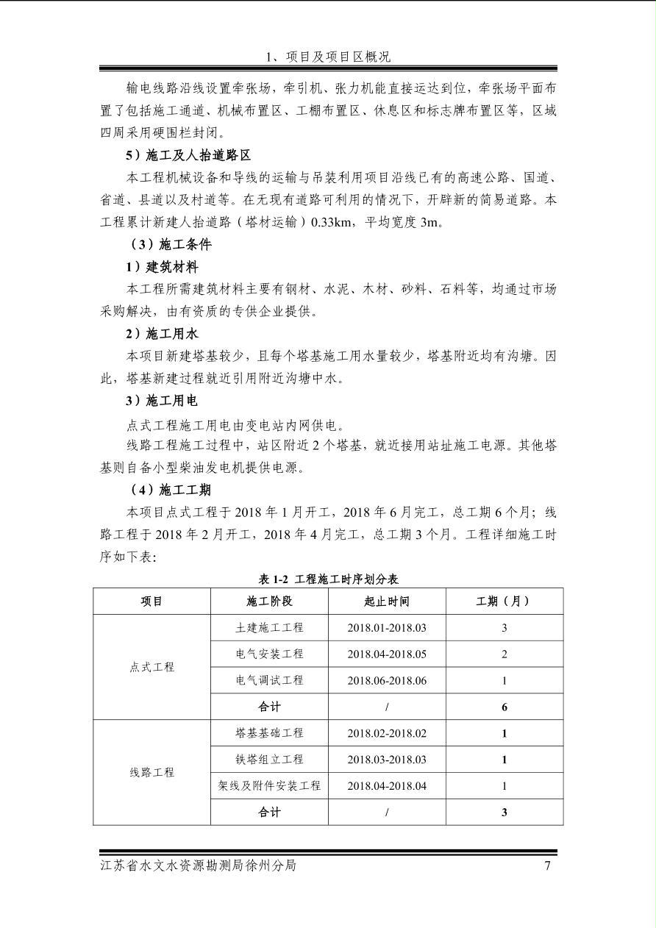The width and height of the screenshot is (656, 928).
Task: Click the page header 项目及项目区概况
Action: tap(328, 57)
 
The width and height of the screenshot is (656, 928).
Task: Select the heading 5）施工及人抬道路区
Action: tap(188, 155)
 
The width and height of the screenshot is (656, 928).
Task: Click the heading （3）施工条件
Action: tap(171, 244)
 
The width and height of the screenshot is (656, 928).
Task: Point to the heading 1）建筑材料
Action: tap(162, 267)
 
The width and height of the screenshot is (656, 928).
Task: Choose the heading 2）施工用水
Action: tap(162, 334)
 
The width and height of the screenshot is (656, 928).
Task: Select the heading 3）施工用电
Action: tap(162, 401)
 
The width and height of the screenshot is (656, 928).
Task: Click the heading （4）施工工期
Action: tap(171, 490)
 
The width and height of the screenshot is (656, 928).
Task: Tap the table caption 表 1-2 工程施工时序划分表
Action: tap(328, 579)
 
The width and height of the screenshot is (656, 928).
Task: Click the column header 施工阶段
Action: tap(269, 602)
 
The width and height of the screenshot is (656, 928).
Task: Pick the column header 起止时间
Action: tap(387, 602)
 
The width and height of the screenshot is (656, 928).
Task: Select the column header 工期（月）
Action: tap(504, 602)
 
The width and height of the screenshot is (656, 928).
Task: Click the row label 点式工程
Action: tap(152, 667)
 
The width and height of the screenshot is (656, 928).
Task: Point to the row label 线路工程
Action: tap(152, 773)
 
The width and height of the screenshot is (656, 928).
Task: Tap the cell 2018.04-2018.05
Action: tap(387, 654)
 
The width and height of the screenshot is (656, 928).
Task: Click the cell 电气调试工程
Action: tap(269, 680)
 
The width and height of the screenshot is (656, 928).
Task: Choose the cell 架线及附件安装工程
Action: tap(269, 786)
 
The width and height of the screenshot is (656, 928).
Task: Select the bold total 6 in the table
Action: tap(505, 707)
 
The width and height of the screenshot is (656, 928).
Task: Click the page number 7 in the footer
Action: tap(547, 865)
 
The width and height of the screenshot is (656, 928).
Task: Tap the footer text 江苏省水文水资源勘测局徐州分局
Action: tap(199, 865)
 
